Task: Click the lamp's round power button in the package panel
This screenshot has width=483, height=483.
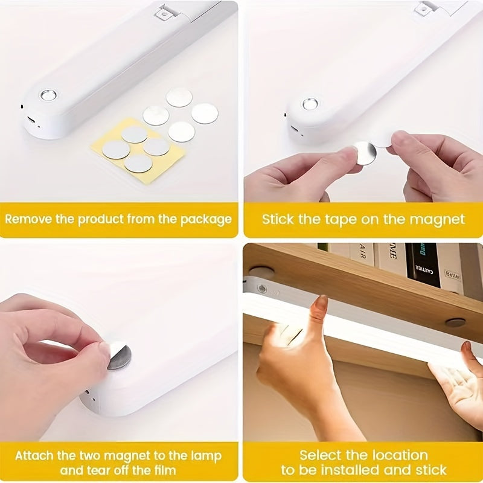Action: tap(48, 95)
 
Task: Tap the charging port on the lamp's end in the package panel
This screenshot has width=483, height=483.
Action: tap(31, 119)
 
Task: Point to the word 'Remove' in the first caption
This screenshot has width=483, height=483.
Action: tap(29, 219)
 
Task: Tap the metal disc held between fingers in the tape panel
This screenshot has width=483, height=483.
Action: tap(365, 152)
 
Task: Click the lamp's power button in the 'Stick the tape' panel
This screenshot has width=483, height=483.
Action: tap(310, 104)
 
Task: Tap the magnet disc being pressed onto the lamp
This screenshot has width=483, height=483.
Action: tap(119, 356)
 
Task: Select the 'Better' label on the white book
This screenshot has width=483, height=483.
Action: tap(453, 274)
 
